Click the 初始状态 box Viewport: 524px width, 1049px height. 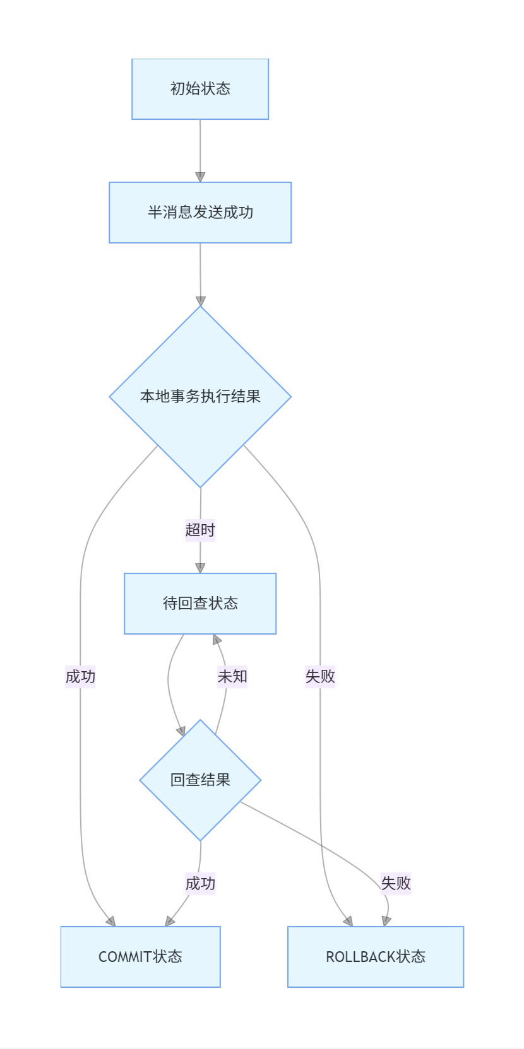pos(200,89)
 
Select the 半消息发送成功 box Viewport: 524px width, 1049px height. pos(200,213)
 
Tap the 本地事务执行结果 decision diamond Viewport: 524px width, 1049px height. pos(200,396)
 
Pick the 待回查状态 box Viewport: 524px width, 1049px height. pos(200,604)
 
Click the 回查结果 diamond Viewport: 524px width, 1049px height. pos(200,780)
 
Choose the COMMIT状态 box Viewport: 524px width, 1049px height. pos(140,957)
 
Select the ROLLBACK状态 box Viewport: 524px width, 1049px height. pos(376,957)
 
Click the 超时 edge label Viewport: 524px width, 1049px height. pos(200,530)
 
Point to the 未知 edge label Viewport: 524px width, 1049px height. pos(232,676)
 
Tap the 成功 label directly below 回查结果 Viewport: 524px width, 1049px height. pos(200,883)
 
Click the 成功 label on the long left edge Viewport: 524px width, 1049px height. pos(80,676)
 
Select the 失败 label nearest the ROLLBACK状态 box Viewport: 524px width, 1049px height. pos(396,883)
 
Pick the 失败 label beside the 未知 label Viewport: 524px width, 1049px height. pos(320,676)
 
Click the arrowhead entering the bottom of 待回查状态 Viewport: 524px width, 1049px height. pos(217,640)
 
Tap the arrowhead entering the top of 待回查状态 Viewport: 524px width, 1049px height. pos(200,567)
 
